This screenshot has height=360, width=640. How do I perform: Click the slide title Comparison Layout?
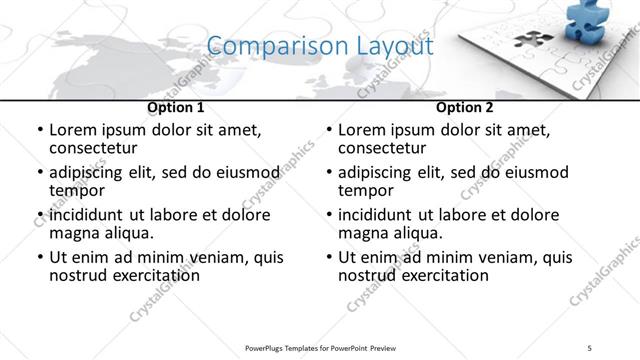[x=320, y=46]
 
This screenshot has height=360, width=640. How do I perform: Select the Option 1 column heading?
[x=176, y=107]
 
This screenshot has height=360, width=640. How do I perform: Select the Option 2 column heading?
[x=465, y=107]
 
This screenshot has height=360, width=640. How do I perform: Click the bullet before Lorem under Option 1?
[x=39, y=131]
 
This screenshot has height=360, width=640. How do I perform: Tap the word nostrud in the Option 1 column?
[x=78, y=275]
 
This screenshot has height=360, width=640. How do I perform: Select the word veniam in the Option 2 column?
[x=500, y=257]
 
